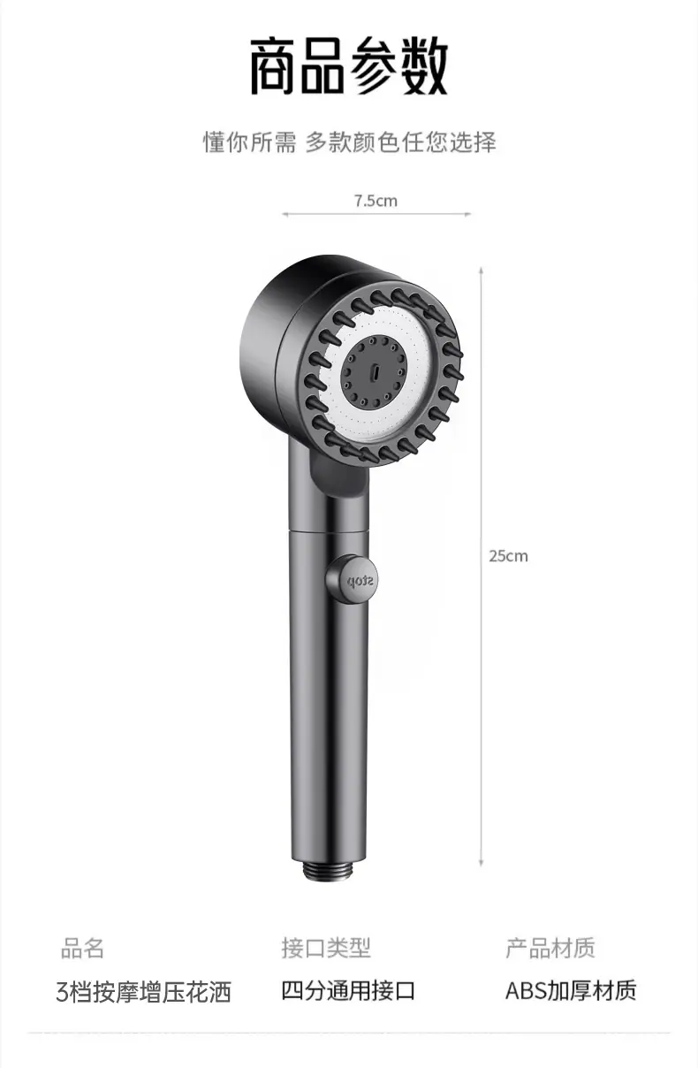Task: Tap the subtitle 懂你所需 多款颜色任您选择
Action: (349, 142)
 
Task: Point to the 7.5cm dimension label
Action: (376, 201)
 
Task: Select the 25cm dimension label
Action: (508, 556)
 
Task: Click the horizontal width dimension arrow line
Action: (376, 214)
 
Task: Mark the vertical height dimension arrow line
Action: (482, 567)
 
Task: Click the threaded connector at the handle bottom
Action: (329, 872)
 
